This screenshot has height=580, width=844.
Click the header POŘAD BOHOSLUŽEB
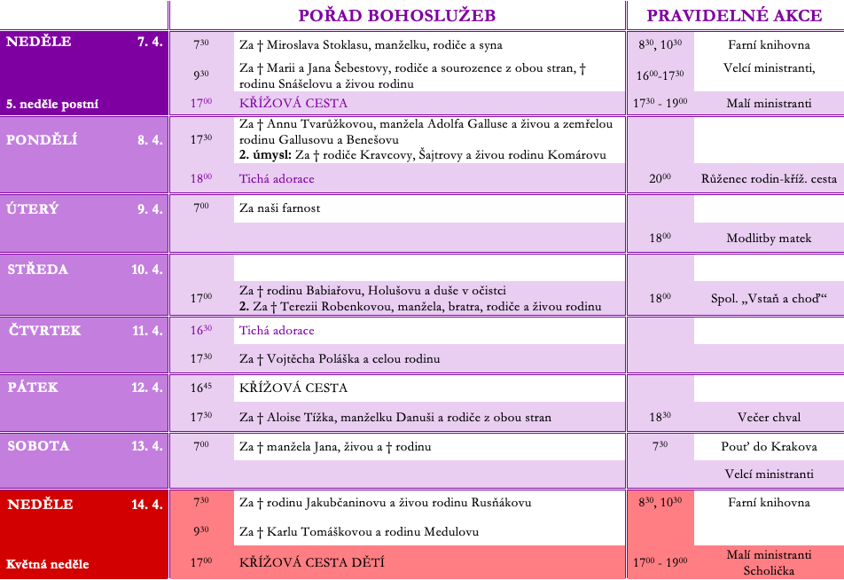(396, 15)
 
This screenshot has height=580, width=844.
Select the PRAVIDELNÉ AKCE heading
(735, 15)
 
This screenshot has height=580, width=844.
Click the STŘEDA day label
(38, 269)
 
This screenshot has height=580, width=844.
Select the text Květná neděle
(48, 564)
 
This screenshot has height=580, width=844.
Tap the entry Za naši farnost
(280, 208)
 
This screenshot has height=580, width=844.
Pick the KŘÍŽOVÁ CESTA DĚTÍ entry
(312, 562)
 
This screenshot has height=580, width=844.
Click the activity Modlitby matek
(769, 239)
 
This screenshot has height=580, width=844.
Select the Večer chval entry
(769, 417)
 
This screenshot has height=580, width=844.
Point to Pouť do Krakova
(769, 446)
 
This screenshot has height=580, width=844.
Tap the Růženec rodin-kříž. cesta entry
(769, 178)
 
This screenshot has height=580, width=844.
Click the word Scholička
(769, 571)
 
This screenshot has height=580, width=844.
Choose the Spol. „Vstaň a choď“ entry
(769, 299)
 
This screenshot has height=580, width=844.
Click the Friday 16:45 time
(201, 388)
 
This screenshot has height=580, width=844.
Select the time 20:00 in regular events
(660, 178)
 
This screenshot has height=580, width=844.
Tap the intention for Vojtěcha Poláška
(340, 359)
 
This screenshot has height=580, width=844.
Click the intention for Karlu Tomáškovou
(359, 532)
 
